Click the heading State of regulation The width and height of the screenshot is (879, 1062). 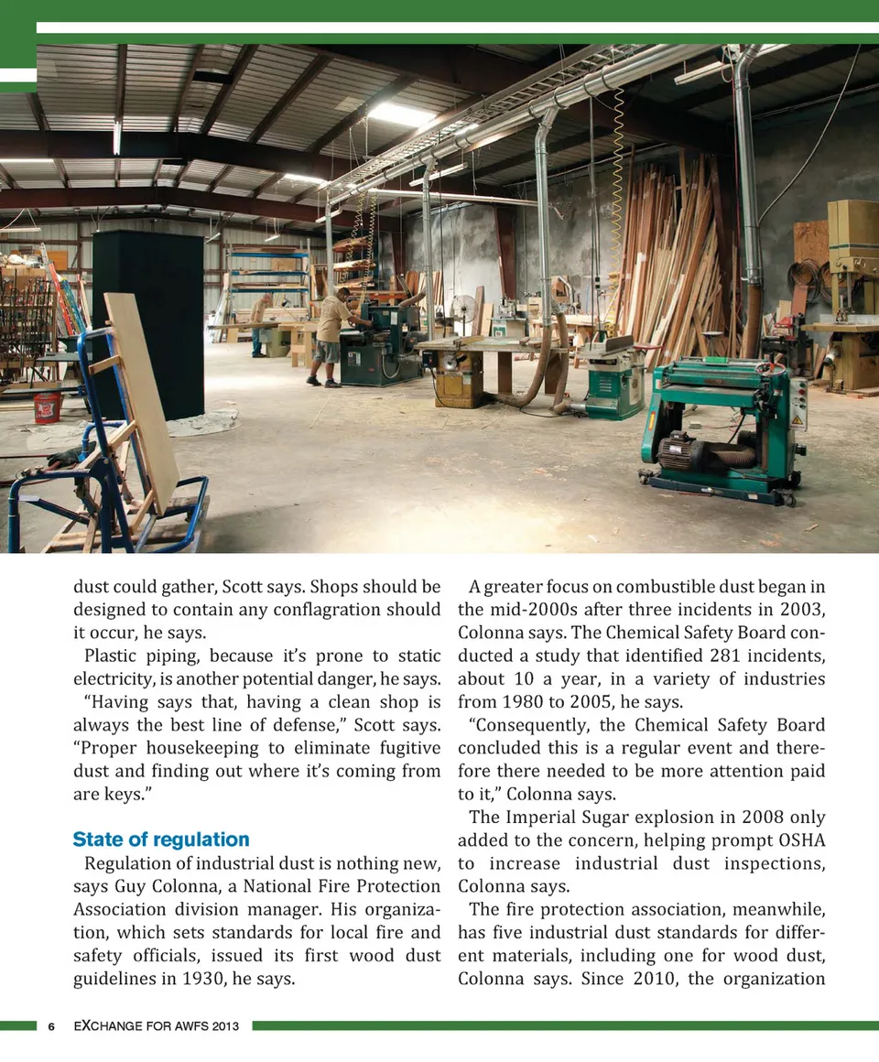[161, 840]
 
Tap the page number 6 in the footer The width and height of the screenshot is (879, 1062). [52, 1026]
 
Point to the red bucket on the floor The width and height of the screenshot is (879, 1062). [48, 406]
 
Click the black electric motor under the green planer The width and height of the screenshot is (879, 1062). [682, 451]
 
